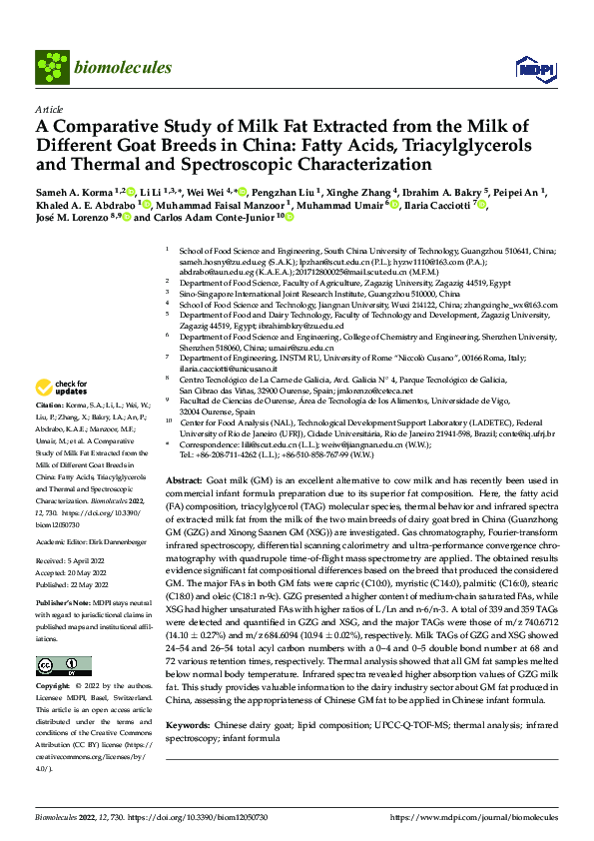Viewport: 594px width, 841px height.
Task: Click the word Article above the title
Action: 49,109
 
